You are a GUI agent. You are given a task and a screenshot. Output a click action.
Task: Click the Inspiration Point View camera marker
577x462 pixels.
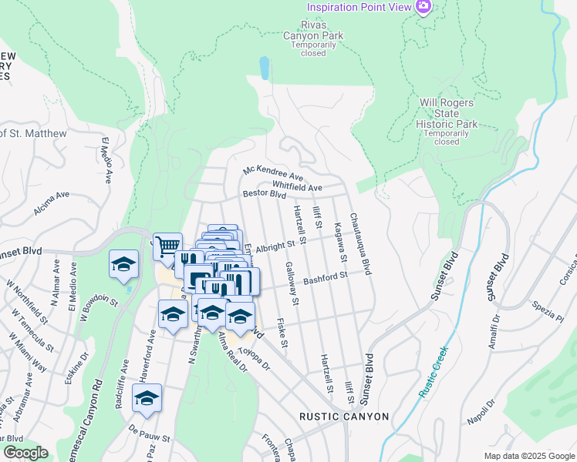(x=423, y=8)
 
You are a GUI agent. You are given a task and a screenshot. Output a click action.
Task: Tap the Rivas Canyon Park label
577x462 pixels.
(x=314, y=35)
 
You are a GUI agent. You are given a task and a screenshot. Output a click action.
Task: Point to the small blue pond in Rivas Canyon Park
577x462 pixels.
(x=265, y=69)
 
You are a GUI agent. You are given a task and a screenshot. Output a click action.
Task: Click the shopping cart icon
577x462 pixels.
(x=167, y=246)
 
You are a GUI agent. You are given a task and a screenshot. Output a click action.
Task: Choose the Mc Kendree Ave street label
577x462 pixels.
(x=273, y=175)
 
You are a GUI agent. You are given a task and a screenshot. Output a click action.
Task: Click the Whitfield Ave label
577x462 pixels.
(x=297, y=187)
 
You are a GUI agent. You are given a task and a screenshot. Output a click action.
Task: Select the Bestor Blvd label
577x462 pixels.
(x=265, y=195)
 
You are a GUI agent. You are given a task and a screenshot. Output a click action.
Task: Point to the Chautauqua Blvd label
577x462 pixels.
(x=360, y=244)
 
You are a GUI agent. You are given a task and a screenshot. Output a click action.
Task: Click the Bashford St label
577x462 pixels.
(x=326, y=276)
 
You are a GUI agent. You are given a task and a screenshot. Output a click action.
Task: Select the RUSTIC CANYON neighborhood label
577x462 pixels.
(x=344, y=417)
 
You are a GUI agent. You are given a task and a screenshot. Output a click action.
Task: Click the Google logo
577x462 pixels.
(x=25, y=453)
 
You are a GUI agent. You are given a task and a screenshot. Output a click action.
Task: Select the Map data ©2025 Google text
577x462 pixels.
(x=528, y=456)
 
